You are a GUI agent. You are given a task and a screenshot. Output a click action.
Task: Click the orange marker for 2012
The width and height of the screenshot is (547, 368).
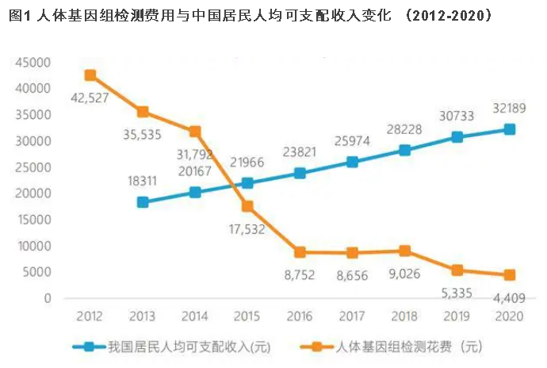90,75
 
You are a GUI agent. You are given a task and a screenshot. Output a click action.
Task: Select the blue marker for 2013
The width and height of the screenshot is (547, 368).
143,202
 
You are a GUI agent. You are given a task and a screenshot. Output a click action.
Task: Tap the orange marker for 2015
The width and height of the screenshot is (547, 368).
247,206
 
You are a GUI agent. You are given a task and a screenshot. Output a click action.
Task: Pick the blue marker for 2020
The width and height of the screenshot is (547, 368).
510,129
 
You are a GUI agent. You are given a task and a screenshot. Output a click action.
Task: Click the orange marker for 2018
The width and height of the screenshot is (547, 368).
405,251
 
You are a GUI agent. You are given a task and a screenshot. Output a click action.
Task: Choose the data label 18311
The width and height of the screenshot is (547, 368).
142,181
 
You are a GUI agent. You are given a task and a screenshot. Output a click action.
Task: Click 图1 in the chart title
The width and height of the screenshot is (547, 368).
21,16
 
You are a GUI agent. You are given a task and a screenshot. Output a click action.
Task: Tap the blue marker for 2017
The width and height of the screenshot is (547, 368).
352,163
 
